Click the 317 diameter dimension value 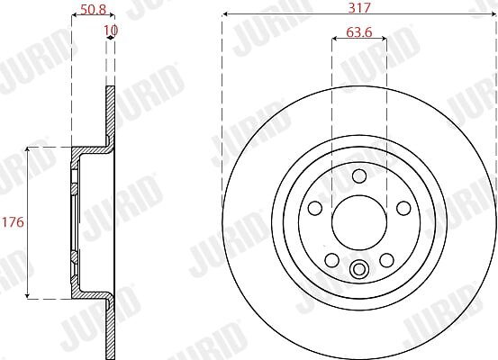(359, 7)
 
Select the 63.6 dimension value (359, 32)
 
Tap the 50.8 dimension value (93, 9)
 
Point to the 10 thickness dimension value (111, 31)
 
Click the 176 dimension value (13, 222)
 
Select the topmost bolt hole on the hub (359, 175)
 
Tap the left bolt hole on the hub (315, 208)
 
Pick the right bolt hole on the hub (403, 208)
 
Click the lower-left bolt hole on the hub (332, 260)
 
